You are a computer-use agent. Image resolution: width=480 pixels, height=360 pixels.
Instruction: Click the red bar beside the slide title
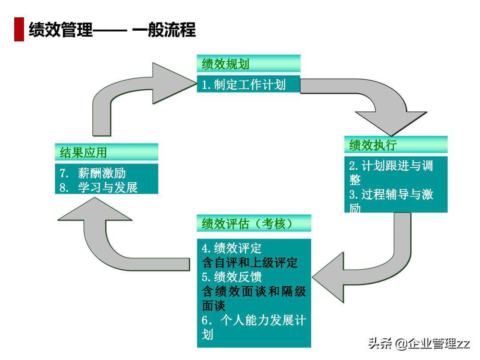19,30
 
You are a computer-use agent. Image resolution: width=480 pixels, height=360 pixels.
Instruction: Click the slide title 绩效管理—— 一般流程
112,30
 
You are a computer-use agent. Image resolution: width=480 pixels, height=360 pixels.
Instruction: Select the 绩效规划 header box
248,64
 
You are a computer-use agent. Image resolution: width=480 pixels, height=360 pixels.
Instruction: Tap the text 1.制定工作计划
244,84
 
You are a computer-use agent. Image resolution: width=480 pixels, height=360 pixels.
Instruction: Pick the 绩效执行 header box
396,145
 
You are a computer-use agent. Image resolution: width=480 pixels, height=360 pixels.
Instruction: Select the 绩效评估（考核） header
254,223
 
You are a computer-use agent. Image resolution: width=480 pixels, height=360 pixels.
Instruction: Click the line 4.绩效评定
232,248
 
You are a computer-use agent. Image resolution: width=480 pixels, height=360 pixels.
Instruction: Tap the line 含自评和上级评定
249,262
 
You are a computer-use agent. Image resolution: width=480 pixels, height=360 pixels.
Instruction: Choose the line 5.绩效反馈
232,277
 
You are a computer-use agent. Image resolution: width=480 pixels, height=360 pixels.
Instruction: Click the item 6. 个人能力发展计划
254,328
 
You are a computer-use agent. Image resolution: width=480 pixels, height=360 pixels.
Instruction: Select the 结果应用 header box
106,152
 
